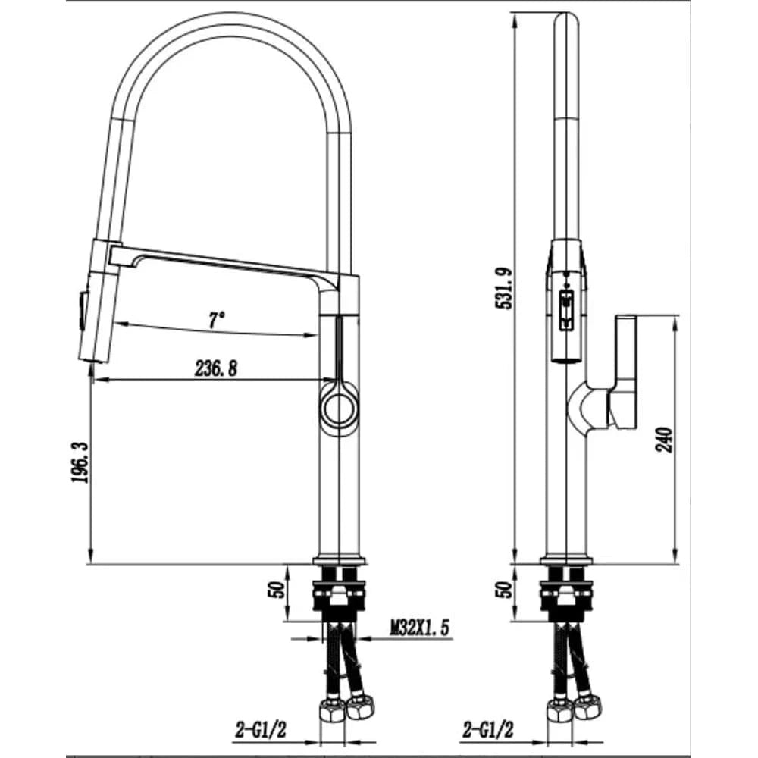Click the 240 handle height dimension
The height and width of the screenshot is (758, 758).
click(664, 440)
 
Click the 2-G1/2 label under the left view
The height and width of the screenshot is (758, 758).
click(261, 730)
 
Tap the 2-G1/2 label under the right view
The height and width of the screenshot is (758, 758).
click(488, 730)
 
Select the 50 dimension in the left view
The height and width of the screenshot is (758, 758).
click(276, 590)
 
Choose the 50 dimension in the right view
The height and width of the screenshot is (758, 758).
click(504, 590)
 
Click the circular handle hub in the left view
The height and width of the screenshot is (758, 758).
click(340, 405)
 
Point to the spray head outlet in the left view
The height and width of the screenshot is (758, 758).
click(92, 359)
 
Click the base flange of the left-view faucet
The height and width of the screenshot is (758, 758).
click(340, 560)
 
